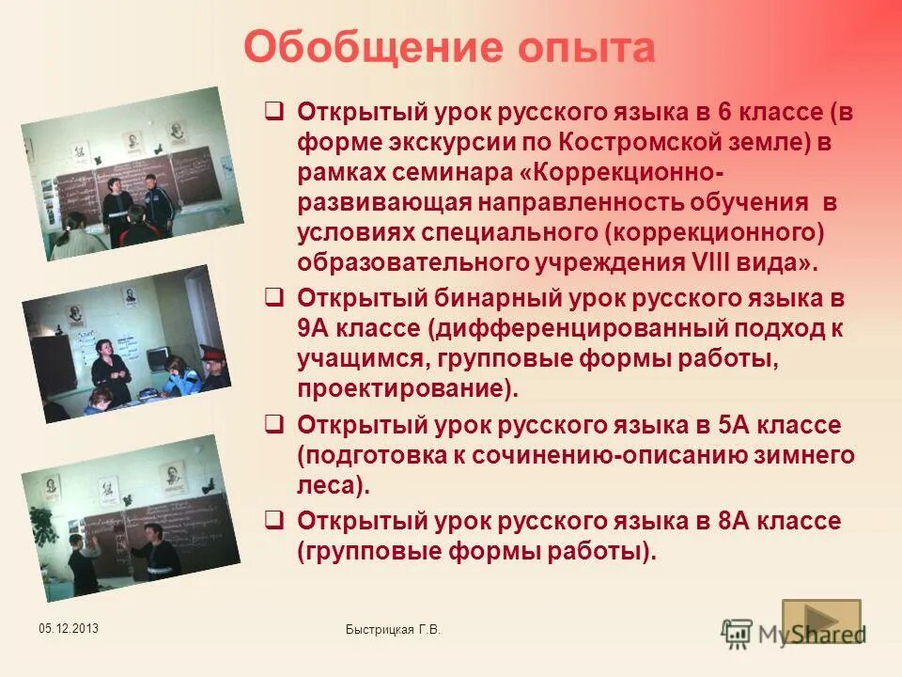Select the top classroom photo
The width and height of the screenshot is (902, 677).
pos(131,174)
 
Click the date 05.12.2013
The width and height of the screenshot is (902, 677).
pos(69,628)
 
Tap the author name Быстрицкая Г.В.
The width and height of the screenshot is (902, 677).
pos(393,630)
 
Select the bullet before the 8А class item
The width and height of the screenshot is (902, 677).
pos(274,520)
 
